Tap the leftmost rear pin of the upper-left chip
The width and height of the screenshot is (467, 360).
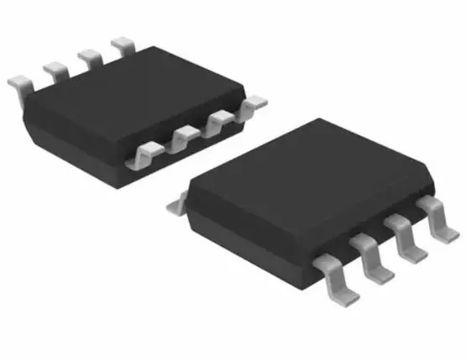pyautogui.click(x=20, y=83)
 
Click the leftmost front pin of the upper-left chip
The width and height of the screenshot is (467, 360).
pyautogui.click(x=146, y=154)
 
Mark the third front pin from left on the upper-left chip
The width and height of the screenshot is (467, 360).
pyautogui.click(x=220, y=122)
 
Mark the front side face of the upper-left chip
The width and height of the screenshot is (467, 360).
pyautogui.click(x=75, y=134)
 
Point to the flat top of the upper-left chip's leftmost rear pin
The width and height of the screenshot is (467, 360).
pyautogui.click(x=16, y=81)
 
